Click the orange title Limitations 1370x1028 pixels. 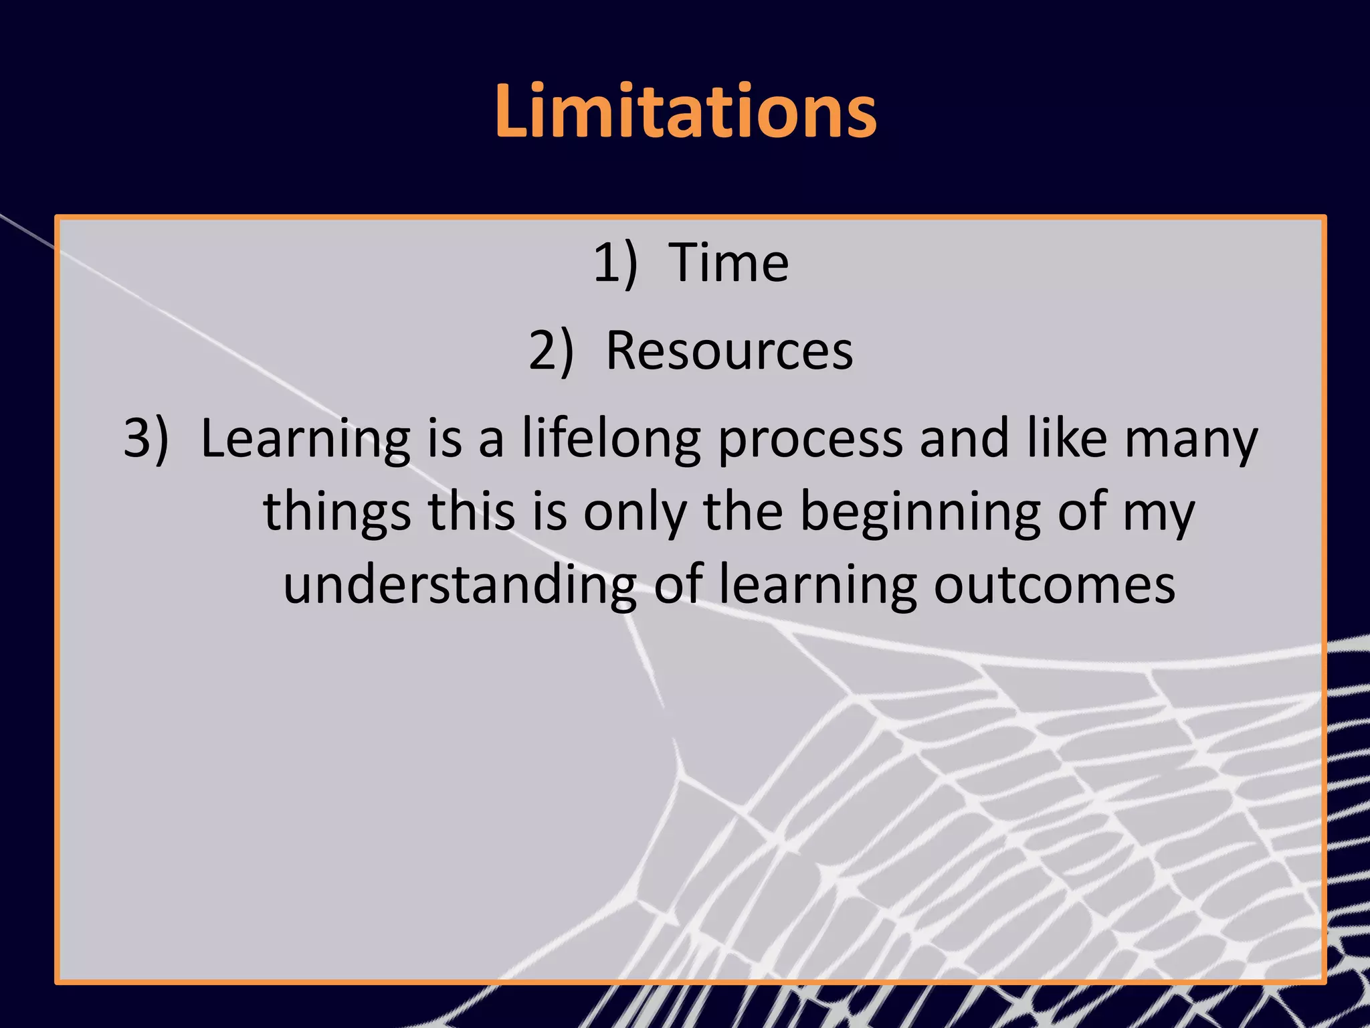(x=686, y=111)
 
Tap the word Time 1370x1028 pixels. (x=728, y=263)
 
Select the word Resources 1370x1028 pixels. (x=729, y=351)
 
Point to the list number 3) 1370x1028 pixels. (x=146, y=439)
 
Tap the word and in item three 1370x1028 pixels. (x=964, y=439)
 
